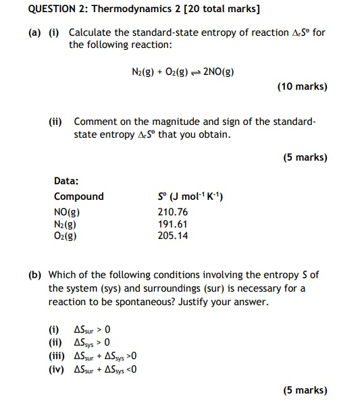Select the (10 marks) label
pyautogui.click(x=302, y=86)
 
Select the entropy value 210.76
pyautogui.click(x=172, y=211)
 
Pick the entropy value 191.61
pyautogui.click(x=172, y=223)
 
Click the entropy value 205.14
pyautogui.click(x=172, y=236)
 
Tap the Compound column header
pyautogui.click(x=79, y=196)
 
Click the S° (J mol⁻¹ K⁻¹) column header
pyautogui.click(x=190, y=196)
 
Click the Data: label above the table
pyautogui.click(x=66, y=180)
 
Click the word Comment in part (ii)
pyautogui.click(x=94, y=122)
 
